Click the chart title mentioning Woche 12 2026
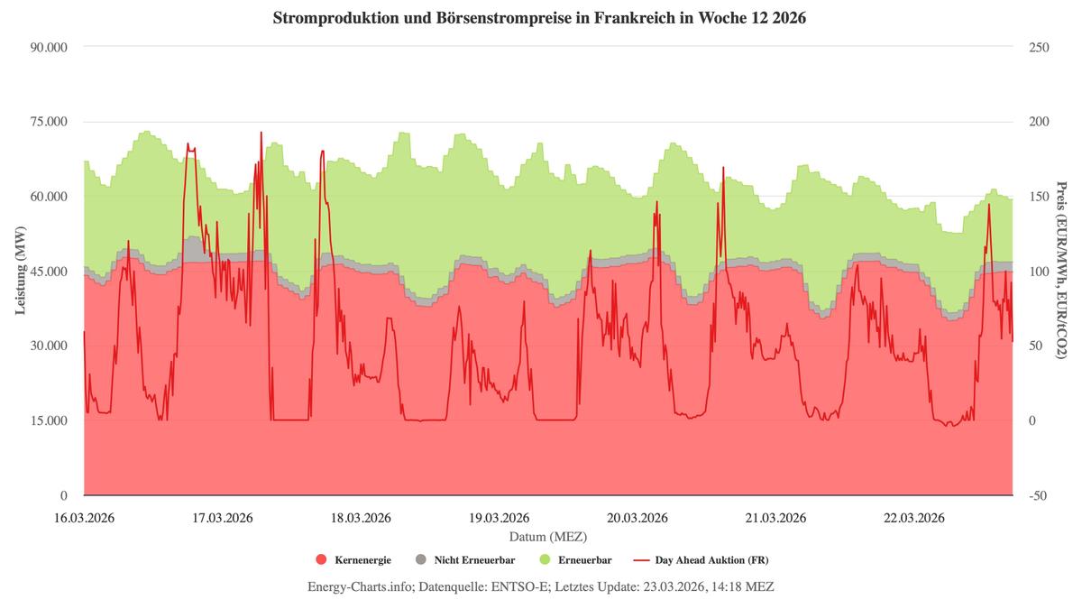(x=540, y=18)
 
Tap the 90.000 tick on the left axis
(x=49, y=47)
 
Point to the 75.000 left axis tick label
(x=49, y=122)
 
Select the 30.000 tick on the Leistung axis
(x=49, y=346)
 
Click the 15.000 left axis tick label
(x=49, y=420)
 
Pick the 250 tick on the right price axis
(x=1039, y=47)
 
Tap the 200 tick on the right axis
(x=1039, y=122)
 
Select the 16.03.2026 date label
(x=84, y=518)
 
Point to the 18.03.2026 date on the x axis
(x=361, y=518)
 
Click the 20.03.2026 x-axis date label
(x=637, y=518)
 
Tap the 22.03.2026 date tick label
(x=914, y=518)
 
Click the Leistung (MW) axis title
(x=20, y=271)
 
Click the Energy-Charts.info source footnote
(x=540, y=586)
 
